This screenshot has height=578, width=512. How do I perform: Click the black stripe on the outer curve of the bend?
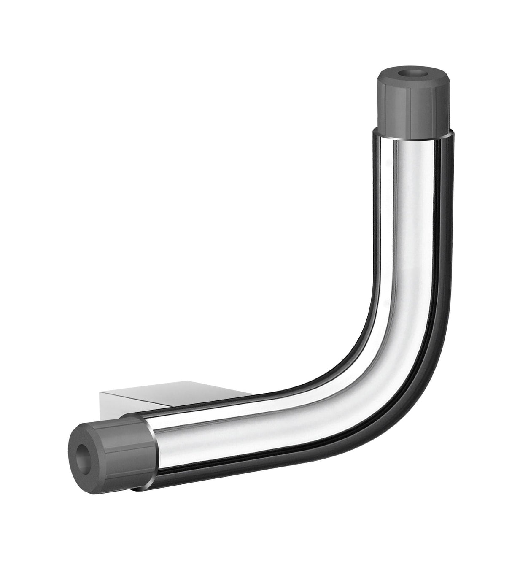pyautogui.click(x=426, y=359)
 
